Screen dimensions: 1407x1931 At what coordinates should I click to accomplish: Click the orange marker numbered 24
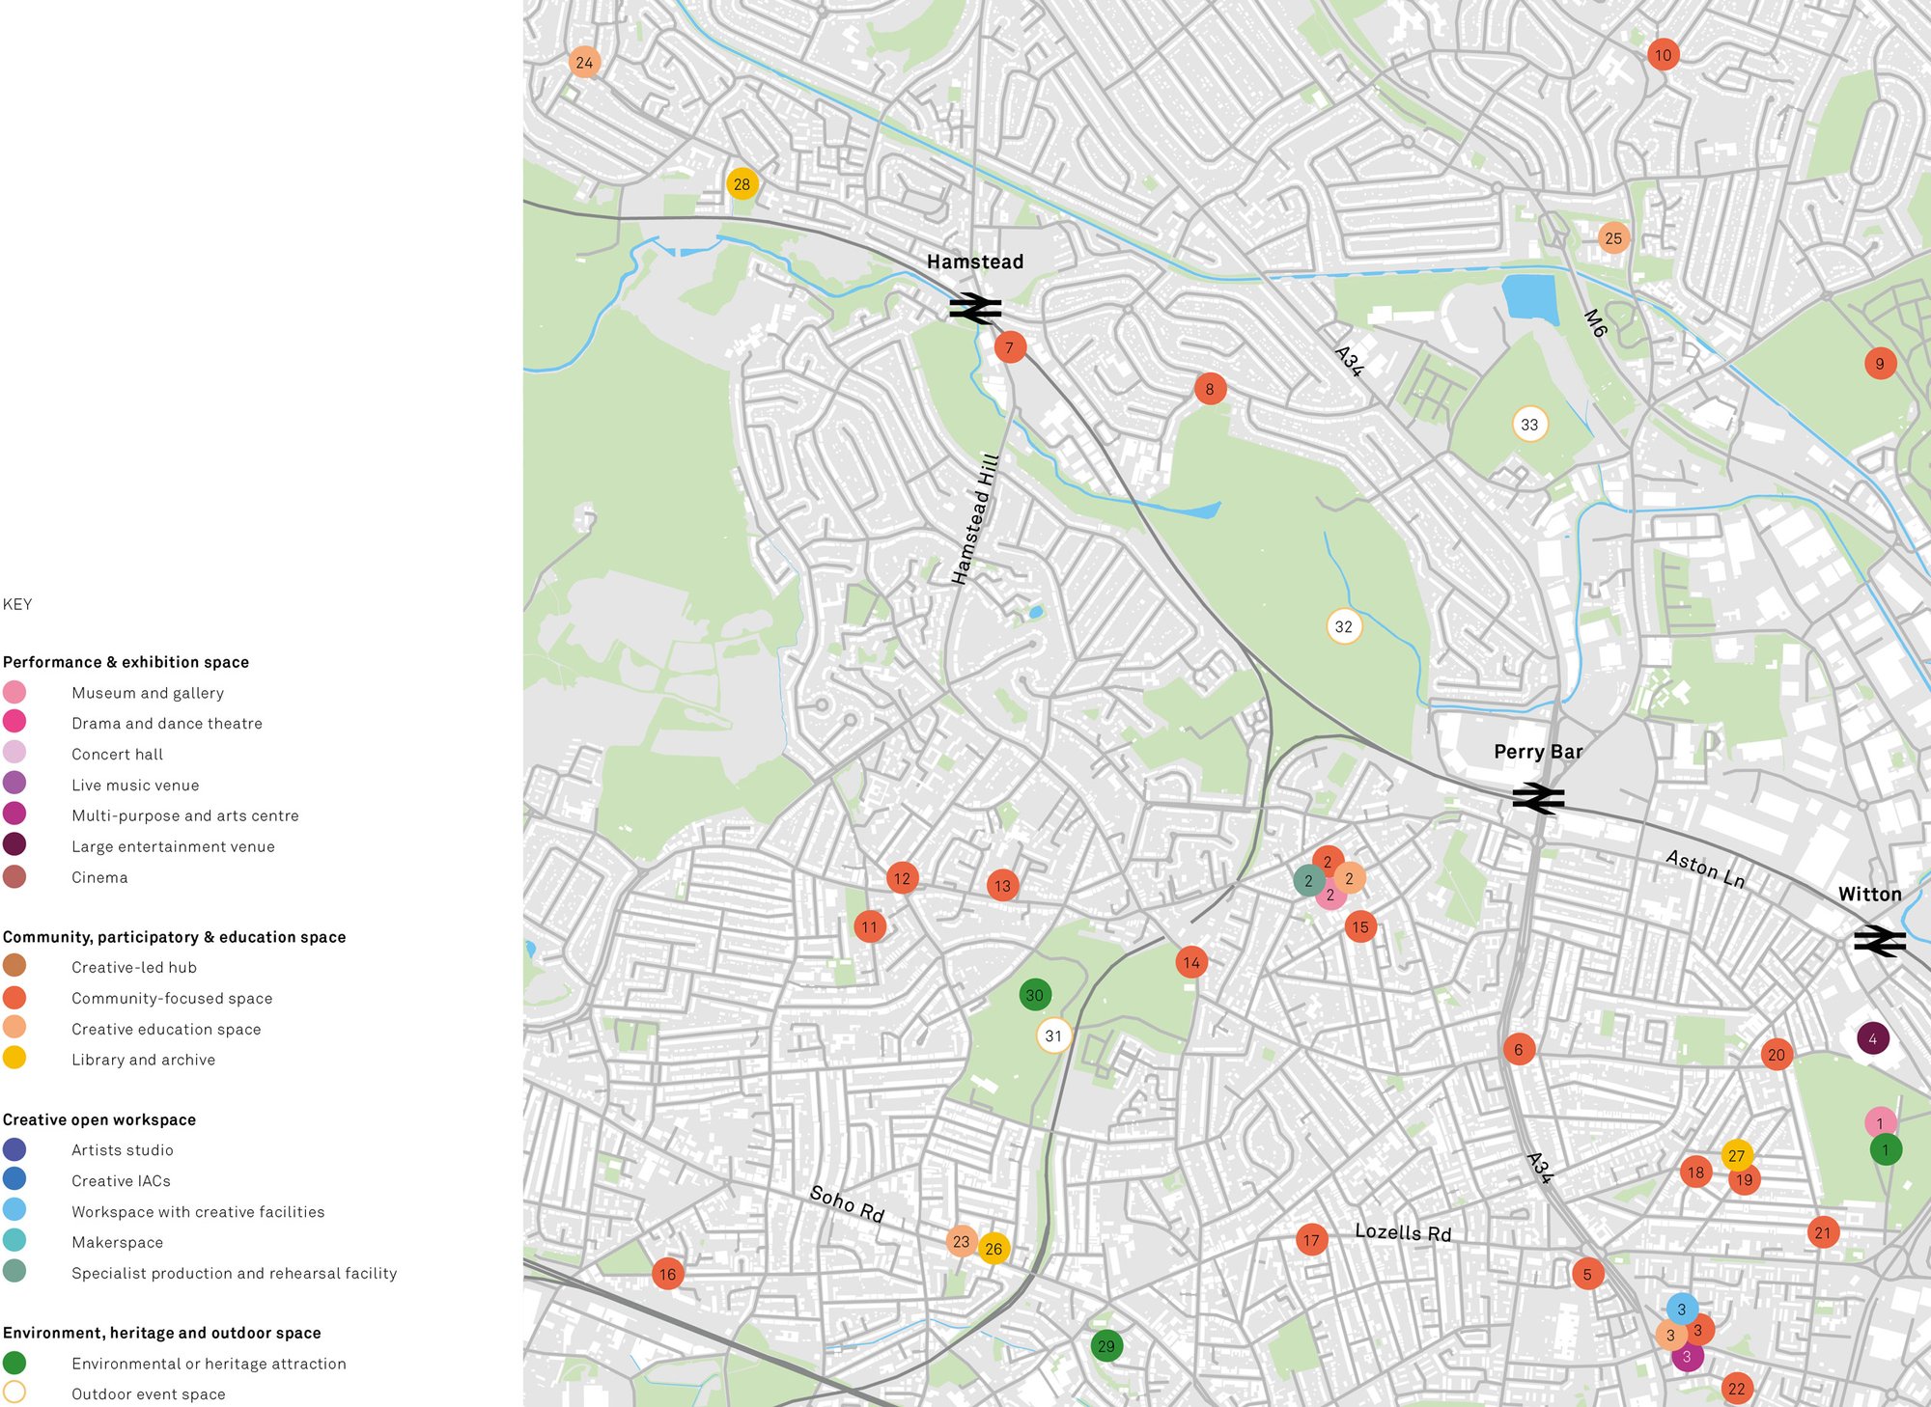[x=584, y=63]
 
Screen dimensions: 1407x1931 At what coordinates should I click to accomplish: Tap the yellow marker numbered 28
[x=742, y=184]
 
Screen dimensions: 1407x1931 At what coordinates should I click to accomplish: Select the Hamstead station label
[x=974, y=262]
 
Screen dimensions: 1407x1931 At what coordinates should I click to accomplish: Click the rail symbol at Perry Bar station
[x=1538, y=798]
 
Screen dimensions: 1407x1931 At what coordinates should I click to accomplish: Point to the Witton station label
[x=1869, y=895]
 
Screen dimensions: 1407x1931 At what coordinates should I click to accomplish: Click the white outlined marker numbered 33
[x=1529, y=425]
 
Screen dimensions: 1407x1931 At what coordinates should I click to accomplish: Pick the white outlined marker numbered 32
[x=1343, y=626]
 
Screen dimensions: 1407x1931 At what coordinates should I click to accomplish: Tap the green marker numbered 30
[x=1034, y=995]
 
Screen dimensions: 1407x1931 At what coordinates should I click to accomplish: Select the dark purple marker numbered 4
[x=1872, y=1039]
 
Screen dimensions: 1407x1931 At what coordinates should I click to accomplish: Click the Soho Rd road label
[x=847, y=1203]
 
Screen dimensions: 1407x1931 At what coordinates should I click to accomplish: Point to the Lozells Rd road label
[x=1402, y=1232]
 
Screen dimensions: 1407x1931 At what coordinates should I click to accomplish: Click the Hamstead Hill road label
[x=974, y=518]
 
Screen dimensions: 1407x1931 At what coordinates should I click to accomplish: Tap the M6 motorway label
[x=1595, y=323]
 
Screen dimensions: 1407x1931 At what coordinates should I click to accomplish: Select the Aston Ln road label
[x=1705, y=869]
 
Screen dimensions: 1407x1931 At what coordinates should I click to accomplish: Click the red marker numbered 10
[x=1663, y=55]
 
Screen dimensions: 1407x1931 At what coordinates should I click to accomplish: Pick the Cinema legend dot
[x=14, y=877]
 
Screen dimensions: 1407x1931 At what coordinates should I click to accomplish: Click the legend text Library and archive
[x=143, y=1060]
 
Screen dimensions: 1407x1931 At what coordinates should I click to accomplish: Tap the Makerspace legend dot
[x=14, y=1241]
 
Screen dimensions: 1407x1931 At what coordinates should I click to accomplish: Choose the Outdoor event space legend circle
[x=14, y=1393]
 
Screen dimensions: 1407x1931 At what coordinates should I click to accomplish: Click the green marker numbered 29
[x=1105, y=1346]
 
